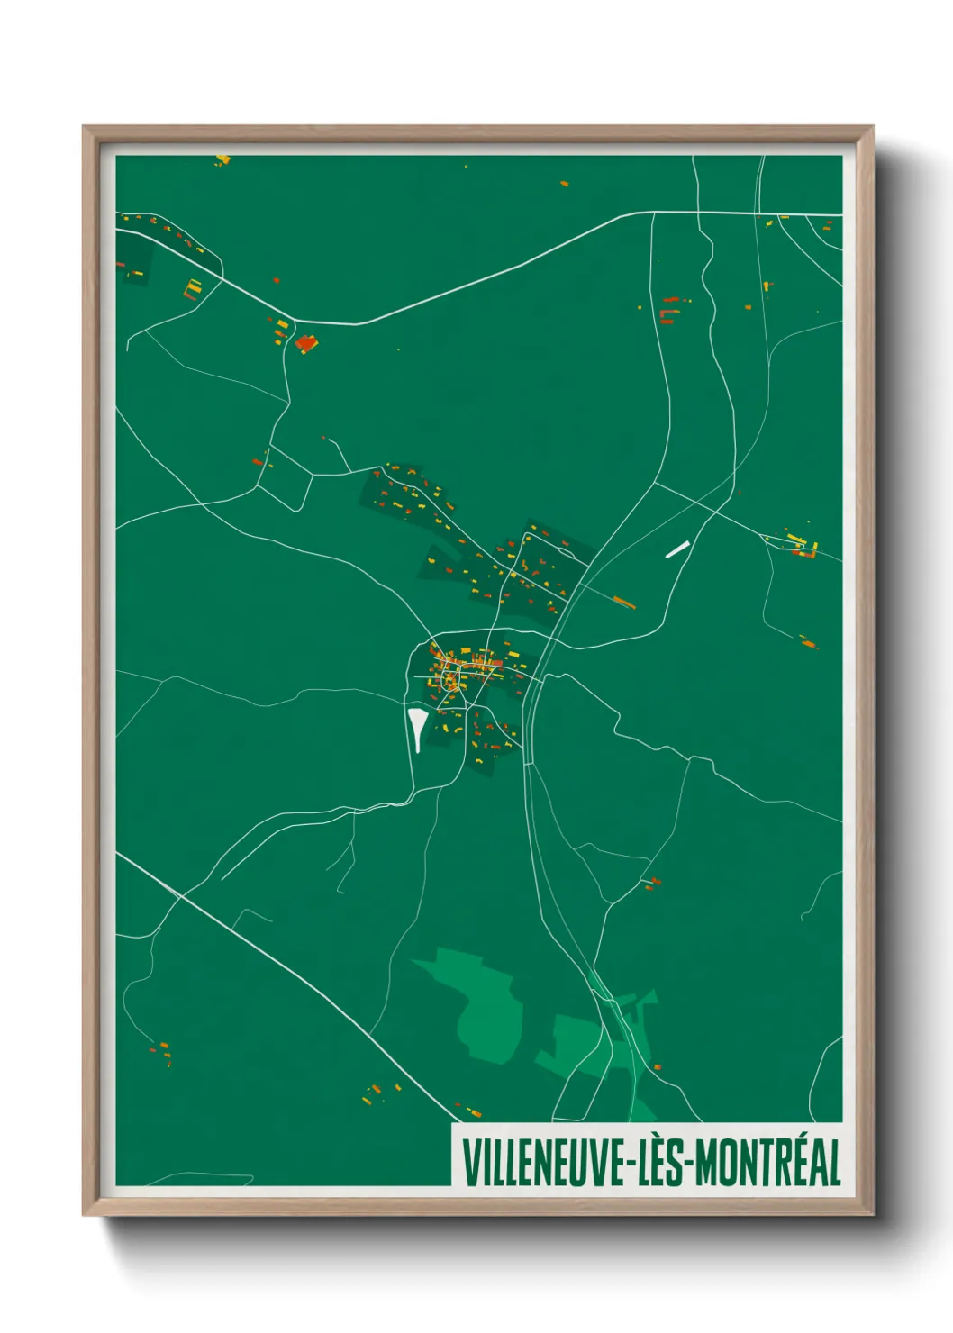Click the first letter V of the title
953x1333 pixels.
tap(469, 1164)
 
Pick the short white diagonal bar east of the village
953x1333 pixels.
tap(676, 549)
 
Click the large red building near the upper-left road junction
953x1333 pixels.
tap(305, 342)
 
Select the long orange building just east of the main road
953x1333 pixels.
tap(624, 602)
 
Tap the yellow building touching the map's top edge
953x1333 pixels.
tap(222, 160)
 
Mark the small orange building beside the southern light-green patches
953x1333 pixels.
tap(658, 1066)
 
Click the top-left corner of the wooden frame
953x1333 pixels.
tap(84, 127)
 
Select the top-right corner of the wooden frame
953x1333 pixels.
tap(872, 127)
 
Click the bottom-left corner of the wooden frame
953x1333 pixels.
tap(84, 1215)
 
